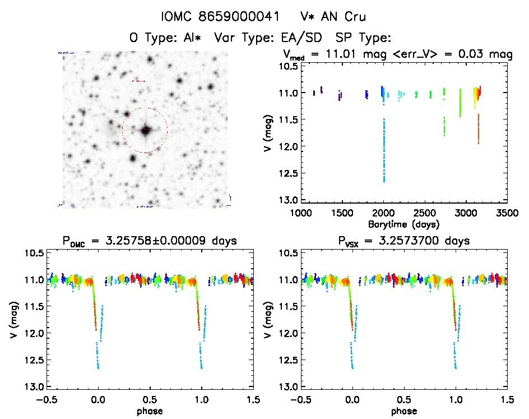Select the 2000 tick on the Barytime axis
coord(383,213)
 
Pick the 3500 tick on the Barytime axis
coord(507,213)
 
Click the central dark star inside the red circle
coord(146,130)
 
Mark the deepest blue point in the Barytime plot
coord(384,181)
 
